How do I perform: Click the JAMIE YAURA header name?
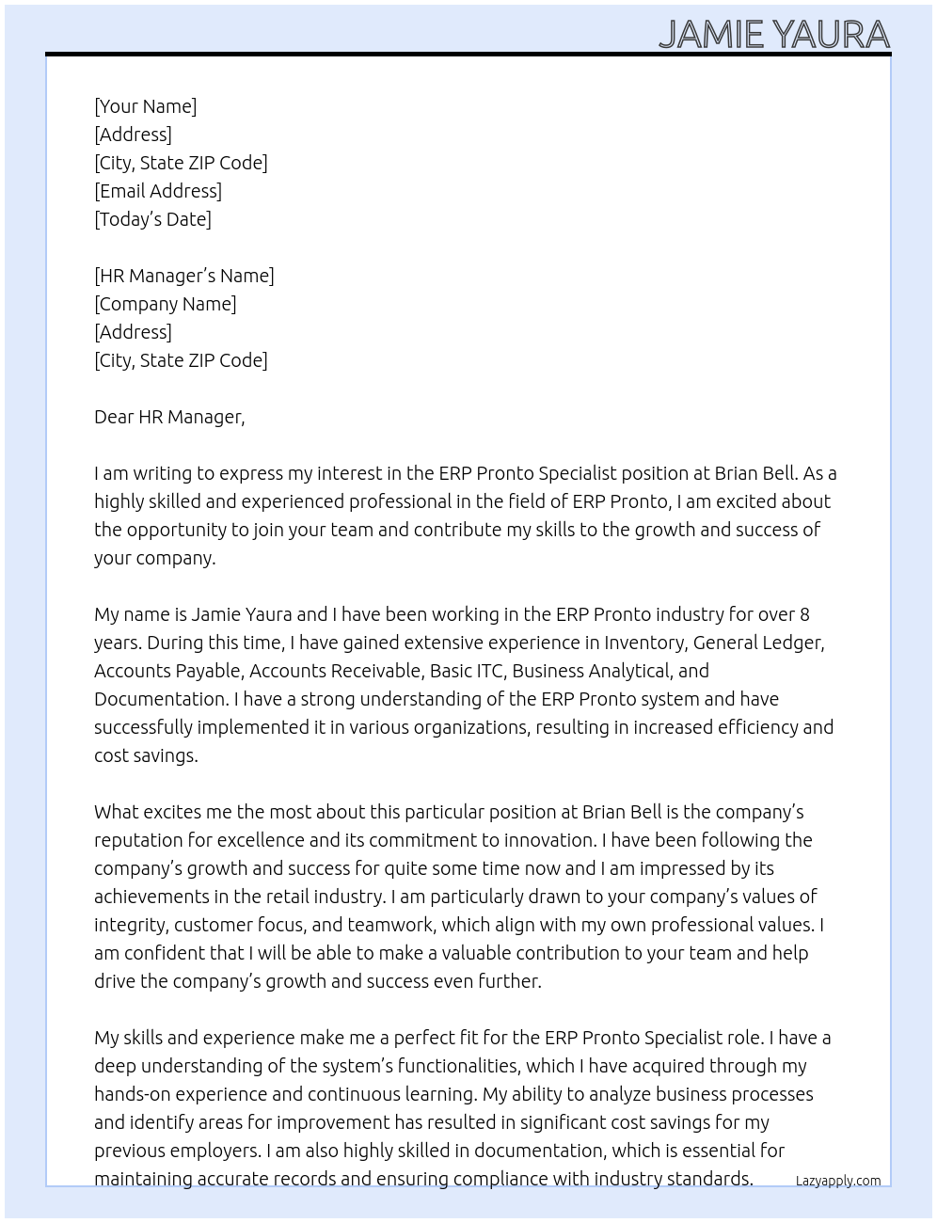pyautogui.click(x=773, y=34)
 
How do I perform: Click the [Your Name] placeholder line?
pyautogui.click(x=145, y=106)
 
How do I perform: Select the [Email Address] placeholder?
pyautogui.click(x=158, y=191)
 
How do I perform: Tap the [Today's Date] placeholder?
pyautogui.click(x=152, y=219)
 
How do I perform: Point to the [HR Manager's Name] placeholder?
pyautogui.click(x=184, y=276)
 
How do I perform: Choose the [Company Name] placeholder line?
pyautogui.click(x=166, y=304)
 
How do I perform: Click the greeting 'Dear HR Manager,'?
pyautogui.click(x=169, y=417)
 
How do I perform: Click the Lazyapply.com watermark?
pyautogui.click(x=837, y=1181)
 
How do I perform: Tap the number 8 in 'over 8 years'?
pyautogui.click(x=804, y=614)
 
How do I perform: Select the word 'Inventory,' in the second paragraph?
pyautogui.click(x=645, y=643)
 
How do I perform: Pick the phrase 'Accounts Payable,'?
pyautogui.click(x=168, y=671)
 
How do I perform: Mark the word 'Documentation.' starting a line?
pyautogui.click(x=161, y=699)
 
